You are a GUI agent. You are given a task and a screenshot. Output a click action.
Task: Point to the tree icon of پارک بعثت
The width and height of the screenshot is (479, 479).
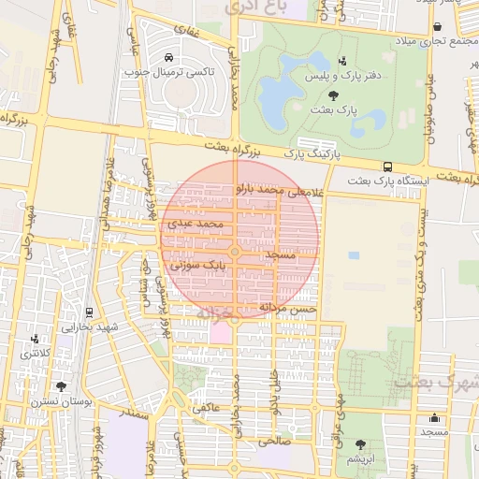pyautogui.click(x=334, y=95)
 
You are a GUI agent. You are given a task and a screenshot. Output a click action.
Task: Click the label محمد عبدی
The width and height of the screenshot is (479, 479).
pyautogui.click(x=196, y=225)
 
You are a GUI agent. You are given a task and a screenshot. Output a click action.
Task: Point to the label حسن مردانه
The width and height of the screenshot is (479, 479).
pyautogui.click(x=292, y=308)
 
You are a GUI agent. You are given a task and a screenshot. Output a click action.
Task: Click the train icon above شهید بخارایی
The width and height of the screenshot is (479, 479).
pyautogui.click(x=89, y=312)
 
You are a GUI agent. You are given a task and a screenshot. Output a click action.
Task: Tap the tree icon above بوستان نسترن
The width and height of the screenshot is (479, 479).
pyautogui.click(x=62, y=385)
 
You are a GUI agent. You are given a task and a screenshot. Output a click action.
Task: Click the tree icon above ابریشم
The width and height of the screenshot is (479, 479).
pyautogui.click(x=360, y=444)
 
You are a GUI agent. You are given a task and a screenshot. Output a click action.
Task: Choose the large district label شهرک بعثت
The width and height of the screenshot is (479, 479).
pyautogui.click(x=437, y=383)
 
